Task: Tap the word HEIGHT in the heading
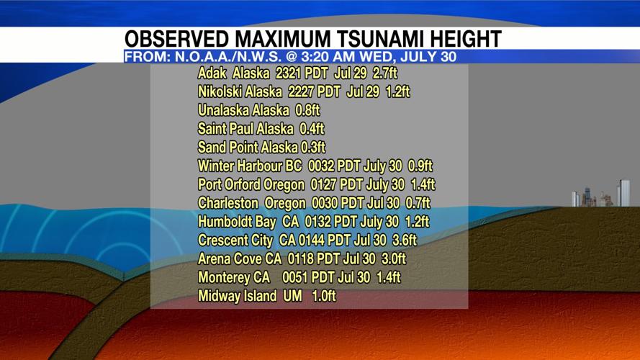pos(461,39)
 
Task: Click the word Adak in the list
pos(212,74)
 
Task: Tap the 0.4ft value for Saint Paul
pos(311,130)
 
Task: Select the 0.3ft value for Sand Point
pos(314,148)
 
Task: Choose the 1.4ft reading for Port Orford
pos(423,185)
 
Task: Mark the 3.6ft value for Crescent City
pos(404,240)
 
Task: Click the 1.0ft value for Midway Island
pos(323,297)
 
